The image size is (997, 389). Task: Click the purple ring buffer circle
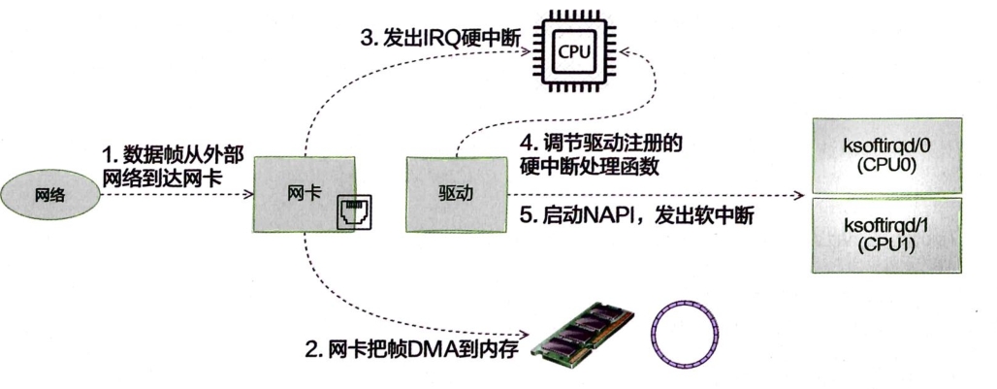click(x=686, y=335)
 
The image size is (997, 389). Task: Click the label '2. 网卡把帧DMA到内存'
click(x=412, y=350)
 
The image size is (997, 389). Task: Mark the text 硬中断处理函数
click(x=590, y=167)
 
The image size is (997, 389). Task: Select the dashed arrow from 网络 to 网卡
click(x=175, y=195)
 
